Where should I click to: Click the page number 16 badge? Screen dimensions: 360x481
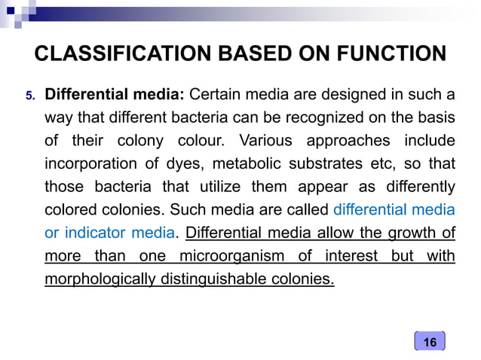point(430,343)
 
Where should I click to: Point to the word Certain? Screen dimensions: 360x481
point(213,96)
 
